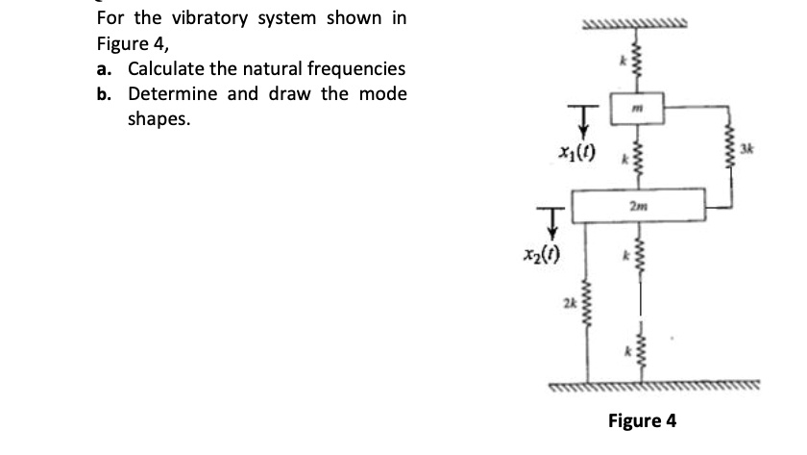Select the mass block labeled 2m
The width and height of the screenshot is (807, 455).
click(638, 205)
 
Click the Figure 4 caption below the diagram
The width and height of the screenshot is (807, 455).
click(642, 420)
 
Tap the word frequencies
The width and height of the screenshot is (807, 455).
click(353, 69)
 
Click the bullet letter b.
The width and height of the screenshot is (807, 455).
click(103, 94)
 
